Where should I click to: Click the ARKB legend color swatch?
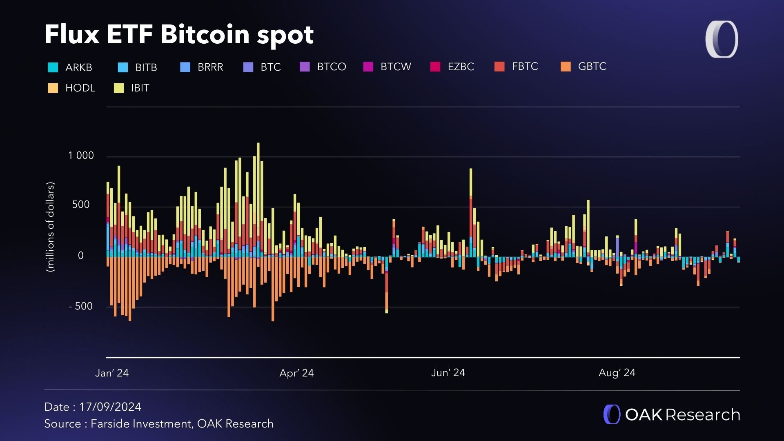(x=53, y=67)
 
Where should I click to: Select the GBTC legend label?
(x=592, y=67)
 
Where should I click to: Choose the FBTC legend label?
(x=525, y=67)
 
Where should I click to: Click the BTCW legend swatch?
(x=368, y=67)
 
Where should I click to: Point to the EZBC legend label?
(x=461, y=67)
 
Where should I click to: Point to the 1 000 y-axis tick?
(x=81, y=156)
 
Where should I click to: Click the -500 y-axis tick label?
(x=81, y=306)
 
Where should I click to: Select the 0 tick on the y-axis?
(x=80, y=256)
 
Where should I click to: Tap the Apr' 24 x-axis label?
(x=296, y=373)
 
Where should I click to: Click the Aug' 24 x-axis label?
(x=617, y=373)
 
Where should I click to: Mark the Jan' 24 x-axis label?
(x=112, y=373)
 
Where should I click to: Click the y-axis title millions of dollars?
(x=50, y=227)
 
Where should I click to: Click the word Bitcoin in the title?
(x=205, y=34)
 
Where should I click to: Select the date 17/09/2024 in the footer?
(x=110, y=407)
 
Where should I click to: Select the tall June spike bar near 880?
(x=471, y=184)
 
